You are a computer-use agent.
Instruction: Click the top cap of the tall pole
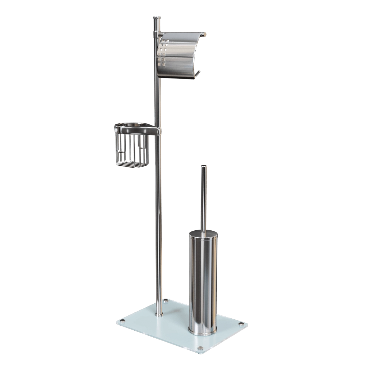156,17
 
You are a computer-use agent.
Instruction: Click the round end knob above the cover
205,34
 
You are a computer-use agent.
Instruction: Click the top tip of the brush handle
203,167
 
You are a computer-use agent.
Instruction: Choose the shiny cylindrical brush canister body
203,281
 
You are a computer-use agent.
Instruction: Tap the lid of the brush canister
203,234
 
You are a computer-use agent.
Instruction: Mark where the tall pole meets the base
159,313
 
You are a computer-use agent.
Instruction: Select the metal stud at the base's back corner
166,301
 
